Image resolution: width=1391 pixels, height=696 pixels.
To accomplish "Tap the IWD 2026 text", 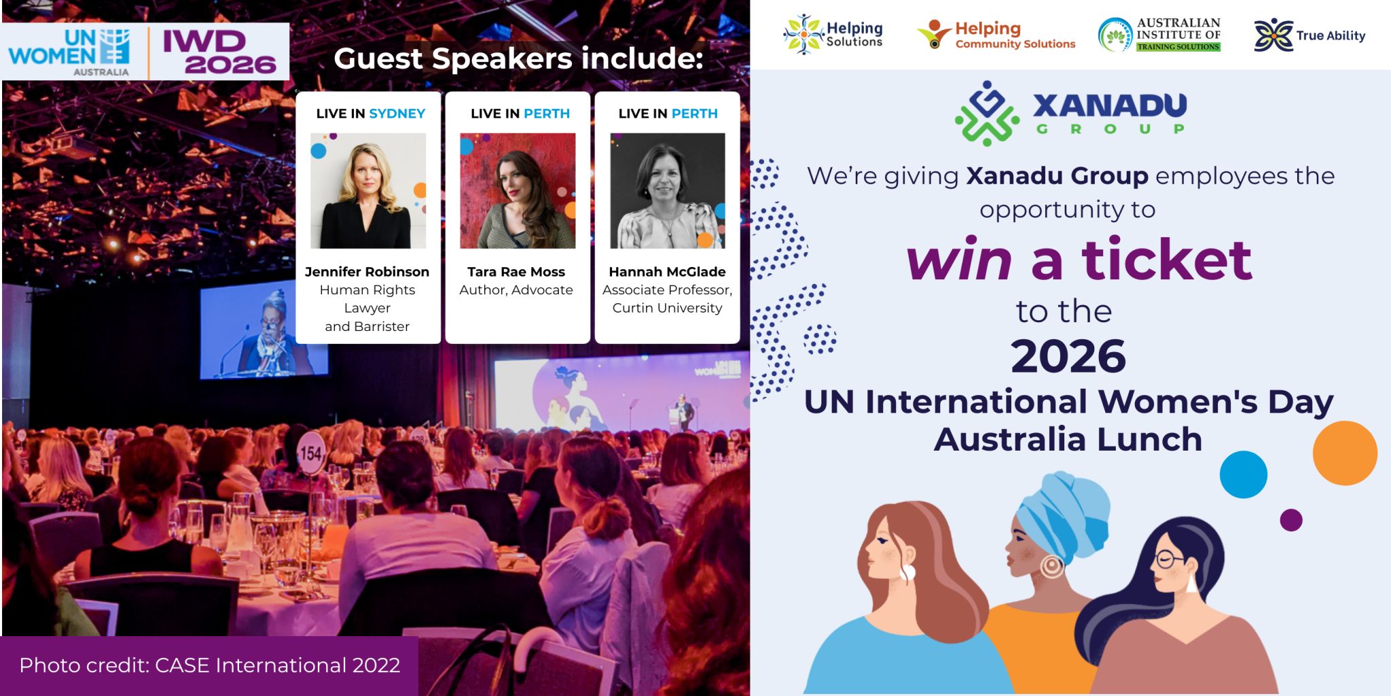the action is click(219, 52).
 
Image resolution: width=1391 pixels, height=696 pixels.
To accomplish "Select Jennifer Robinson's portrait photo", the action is click(368, 191).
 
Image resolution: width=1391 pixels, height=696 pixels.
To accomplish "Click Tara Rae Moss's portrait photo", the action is click(518, 191).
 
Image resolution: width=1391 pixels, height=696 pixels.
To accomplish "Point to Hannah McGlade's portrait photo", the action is click(668, 191).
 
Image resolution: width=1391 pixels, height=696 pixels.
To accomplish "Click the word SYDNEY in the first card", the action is click(397, 114).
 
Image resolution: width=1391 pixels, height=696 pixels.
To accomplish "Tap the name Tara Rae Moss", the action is click(516, 272).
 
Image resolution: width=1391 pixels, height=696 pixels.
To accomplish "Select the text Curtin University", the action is click(668, 308).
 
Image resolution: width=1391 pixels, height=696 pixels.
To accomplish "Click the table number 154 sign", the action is click(311, 452).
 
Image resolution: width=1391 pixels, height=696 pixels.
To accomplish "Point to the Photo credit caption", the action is click(210, 665).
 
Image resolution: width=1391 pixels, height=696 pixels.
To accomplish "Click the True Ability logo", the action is click(1309, 35).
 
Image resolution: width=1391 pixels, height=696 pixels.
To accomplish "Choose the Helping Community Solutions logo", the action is click(996, 35).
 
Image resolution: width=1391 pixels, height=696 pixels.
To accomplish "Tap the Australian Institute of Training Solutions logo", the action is click(1159, 35).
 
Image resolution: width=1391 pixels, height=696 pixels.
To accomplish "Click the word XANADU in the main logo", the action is click(1110, 105).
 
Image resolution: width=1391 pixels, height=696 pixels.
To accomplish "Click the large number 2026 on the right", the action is click(1068, 357).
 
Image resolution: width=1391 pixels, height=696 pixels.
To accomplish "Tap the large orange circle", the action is click(1345, 453).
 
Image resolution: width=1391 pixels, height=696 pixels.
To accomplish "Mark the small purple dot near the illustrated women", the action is click(1291, 520).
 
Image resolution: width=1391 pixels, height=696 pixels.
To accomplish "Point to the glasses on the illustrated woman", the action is click(1170, 559).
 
